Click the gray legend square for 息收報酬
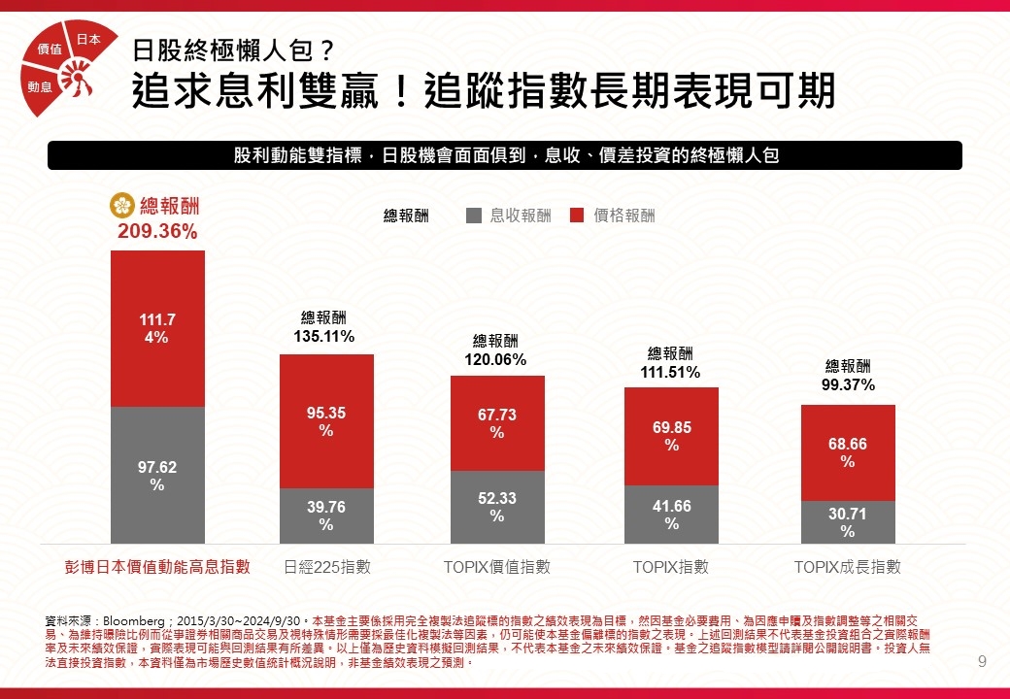point(474,216)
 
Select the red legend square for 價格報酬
point(577,216)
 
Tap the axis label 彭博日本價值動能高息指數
point(157,567)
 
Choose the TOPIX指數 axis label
point(671,567)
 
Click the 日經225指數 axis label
point(326,567)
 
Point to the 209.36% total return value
point(157,231)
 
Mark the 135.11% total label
point(323,337)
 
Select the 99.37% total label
point(848,384)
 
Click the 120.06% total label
point(495,360)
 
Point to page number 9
point(982,663)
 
